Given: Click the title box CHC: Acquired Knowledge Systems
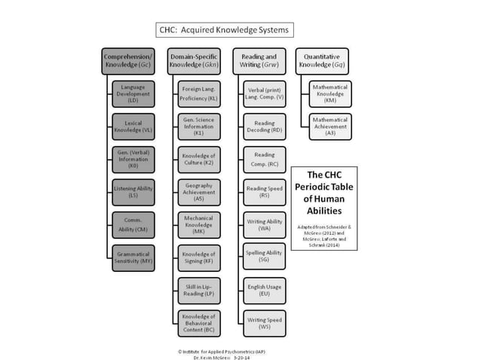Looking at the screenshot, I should coord(222,31).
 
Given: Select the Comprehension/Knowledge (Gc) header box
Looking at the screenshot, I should coord(129,61).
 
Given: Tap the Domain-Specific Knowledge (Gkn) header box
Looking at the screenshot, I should coord(193,61).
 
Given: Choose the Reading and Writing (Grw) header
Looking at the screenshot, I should coord(259,61).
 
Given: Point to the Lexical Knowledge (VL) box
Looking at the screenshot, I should coord(133,127).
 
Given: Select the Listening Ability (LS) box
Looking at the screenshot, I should coord(133,191).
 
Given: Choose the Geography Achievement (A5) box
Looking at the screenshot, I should coord(199,191).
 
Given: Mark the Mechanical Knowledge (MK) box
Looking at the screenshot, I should coord(199,224).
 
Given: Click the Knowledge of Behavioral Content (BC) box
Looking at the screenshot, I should coord(199,323).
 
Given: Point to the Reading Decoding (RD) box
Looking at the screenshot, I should coord(265,127).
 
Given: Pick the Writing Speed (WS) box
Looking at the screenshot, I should coord(265,323).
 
